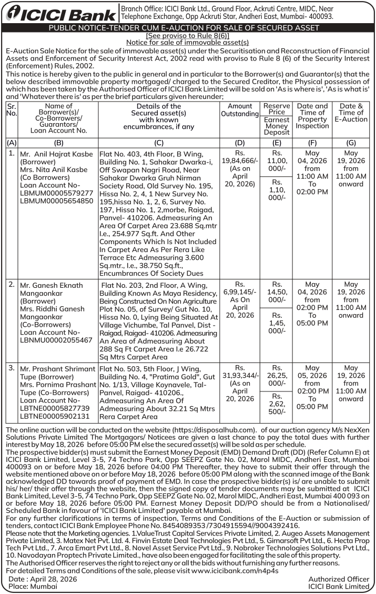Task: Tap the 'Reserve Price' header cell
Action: tap(277, 109)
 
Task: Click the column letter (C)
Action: tap(159, 143)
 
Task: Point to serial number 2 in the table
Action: tap(12, 285)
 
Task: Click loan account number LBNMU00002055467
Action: tap(54, 340)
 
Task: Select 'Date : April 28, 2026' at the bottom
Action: tap(44, 579)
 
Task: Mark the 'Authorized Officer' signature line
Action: tap(339, 579)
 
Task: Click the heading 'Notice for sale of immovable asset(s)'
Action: tap(188, 42)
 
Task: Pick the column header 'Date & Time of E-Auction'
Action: tap(351, 113)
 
